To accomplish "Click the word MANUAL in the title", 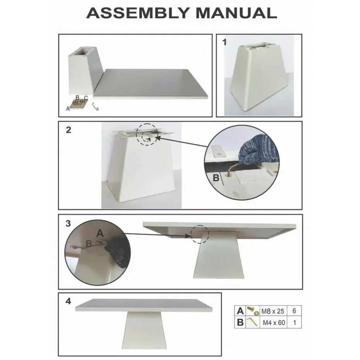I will tap(236, 13).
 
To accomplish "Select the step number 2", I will tap(68, 130).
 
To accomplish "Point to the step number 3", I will tap(68, 223).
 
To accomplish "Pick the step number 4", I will tap(68, 302).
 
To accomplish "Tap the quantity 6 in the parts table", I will tap(294, 311).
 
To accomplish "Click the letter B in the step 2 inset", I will tap(216, 178).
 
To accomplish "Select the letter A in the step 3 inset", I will tap(100, 233).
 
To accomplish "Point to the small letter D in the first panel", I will tap(97, 110).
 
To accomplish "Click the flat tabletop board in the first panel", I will tap(153, 83).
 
